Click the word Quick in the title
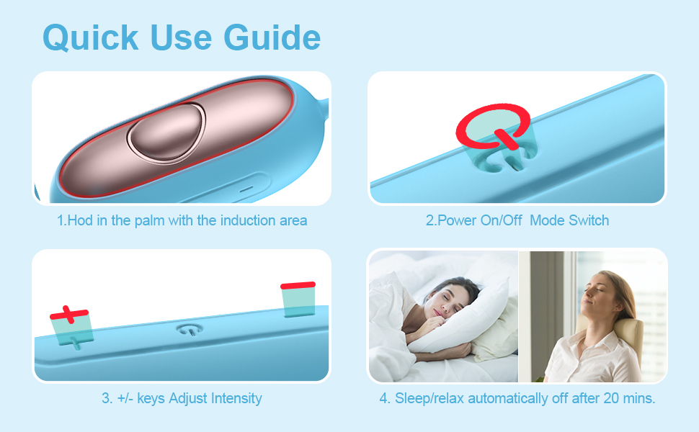(91, 37)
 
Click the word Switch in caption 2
(589, 220)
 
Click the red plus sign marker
(69, 314)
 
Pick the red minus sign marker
(298, 286)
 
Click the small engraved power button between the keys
(189, 328)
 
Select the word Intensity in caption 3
(235, 398)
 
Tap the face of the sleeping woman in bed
(442, 300)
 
